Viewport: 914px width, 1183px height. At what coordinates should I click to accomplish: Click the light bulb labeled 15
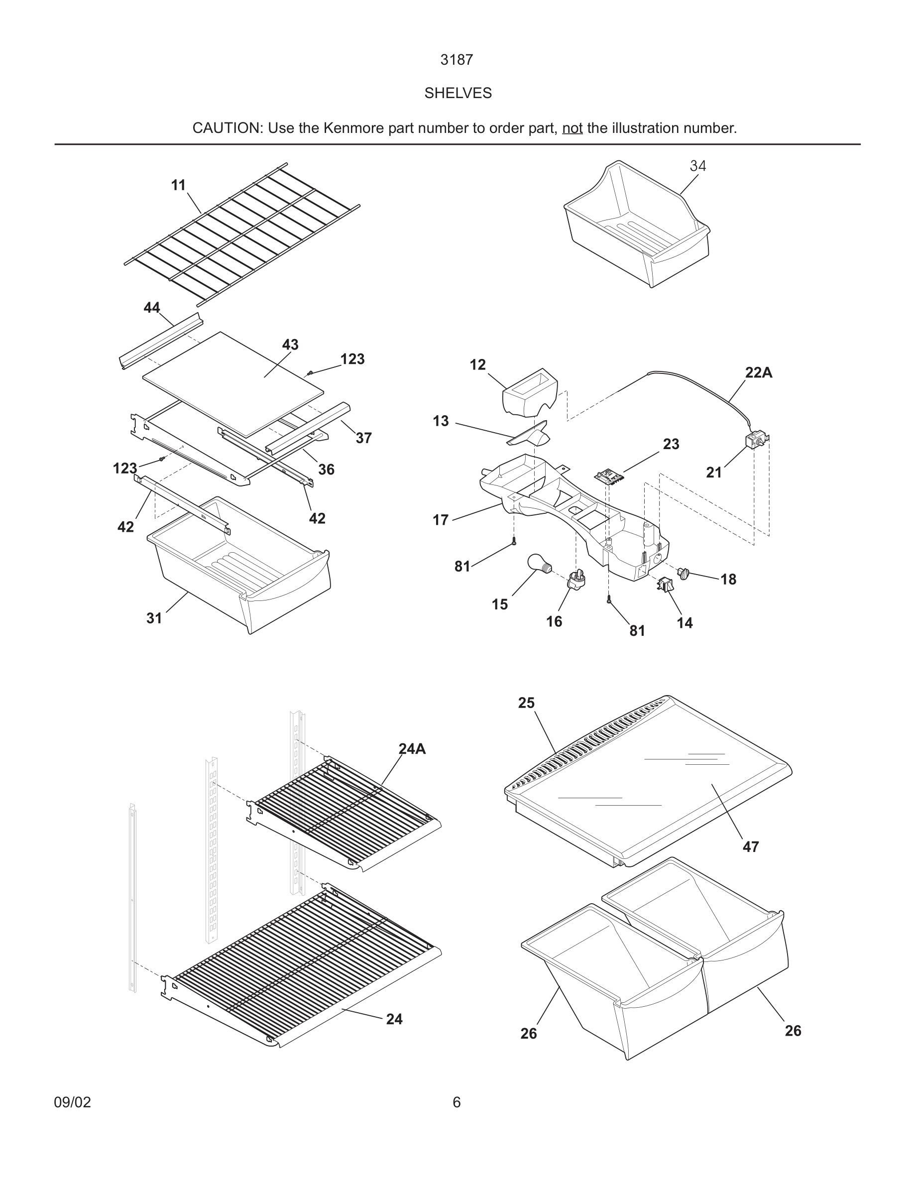(x=538, y=565)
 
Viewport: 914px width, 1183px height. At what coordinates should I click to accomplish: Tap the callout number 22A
(x=758, y=372)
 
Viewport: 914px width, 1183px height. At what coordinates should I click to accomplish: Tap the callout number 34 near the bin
(x=697, y=166)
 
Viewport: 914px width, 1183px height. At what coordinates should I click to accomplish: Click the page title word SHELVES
(x=457, y=93)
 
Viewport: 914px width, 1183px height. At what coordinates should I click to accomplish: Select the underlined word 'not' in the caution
(x=572, y=128)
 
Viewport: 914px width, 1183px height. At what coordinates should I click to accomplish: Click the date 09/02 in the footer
(x=73, y=1102)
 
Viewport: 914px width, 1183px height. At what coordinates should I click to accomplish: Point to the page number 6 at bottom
(x=457, y=1102)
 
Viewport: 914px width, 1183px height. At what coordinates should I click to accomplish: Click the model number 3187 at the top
(x=457, y=60)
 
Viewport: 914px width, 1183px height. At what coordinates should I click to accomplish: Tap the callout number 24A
(x=412, y=749)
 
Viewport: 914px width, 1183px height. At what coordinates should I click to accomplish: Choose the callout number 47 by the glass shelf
(x=751, y=846)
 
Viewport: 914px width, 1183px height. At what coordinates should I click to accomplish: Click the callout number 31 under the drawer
(x=154, y=618)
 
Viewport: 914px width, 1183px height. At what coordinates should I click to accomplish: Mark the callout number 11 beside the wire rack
(x=179, y=185)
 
